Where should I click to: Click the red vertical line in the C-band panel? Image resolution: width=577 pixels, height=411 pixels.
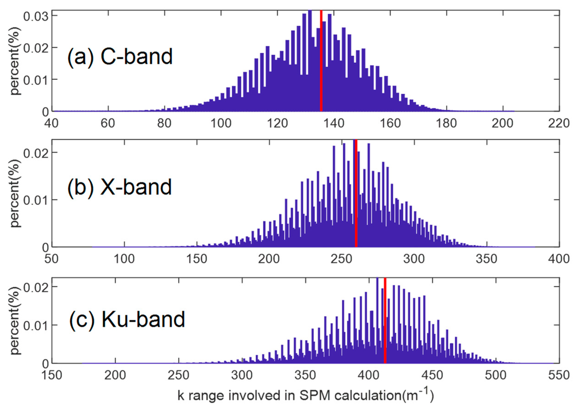[321, 61]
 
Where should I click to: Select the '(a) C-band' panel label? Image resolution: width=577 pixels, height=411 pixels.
[120, 57]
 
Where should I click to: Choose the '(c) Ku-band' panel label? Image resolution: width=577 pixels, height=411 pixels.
[127, 319]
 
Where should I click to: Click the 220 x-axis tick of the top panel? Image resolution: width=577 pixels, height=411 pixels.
[559, 123]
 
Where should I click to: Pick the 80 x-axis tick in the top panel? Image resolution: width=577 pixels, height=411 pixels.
[164, 123]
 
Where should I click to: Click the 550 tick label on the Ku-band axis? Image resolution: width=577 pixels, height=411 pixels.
[559, 375]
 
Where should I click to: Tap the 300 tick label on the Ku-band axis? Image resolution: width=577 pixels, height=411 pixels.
[242, 375]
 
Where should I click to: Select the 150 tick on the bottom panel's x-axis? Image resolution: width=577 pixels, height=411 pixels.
[52, 375]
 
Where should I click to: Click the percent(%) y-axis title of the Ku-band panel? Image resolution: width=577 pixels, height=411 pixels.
[15, 321]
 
